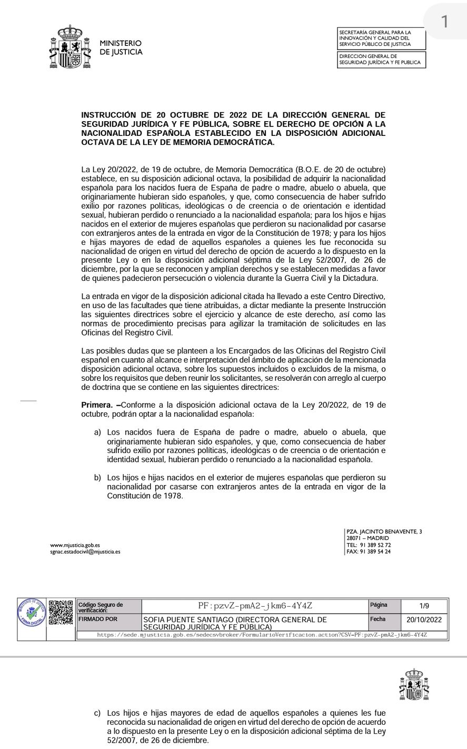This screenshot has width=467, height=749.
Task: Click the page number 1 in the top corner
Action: pyautogui.click(x=445, y=22)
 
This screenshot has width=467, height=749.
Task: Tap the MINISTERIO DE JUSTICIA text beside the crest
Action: pyautogui.click(x=121, y=47)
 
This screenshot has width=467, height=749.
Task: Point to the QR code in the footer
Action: pyautogui.click(x=61, y=612)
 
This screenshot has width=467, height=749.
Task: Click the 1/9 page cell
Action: pyautogui.click(x=424, y=606)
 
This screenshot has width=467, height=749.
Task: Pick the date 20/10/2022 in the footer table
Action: pyautogui.click(x=424, y=620)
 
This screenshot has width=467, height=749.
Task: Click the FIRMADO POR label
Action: pyautogui.click(x=98, y=619)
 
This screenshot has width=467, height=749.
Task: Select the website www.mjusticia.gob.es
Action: pyautogui.click(x=75, y=545)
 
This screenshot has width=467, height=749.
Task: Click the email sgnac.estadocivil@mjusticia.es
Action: pyautogui.click(x=85, y=552)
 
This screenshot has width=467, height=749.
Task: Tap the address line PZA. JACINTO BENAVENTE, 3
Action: pyautogui.click(x=384, y=532)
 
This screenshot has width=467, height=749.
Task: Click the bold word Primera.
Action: pyautogui.click(x=97, y=405)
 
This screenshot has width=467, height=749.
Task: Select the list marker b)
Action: pyautogui.click(x=97, y=477)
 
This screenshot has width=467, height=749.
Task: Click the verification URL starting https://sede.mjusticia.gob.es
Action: pyautogui.click(x=262, y=635)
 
